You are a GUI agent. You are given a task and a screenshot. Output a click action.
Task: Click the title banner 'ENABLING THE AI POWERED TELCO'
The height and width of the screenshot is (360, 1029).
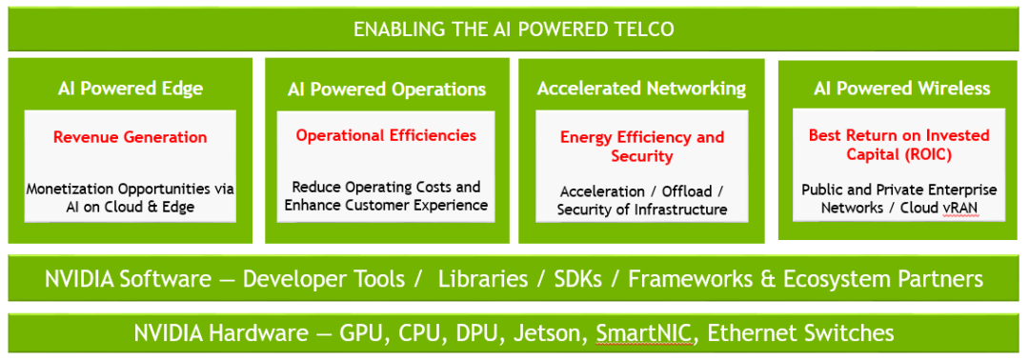(514, 30)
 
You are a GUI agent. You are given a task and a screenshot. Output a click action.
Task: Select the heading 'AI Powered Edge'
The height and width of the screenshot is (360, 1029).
(130, 89)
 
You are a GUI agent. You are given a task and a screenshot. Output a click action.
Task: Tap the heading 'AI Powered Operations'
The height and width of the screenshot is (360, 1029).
(387, 90)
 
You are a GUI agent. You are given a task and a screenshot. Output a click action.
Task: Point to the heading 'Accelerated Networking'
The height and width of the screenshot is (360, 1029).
(641, 89)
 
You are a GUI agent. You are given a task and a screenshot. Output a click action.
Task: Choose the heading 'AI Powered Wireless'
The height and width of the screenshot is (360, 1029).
(901, 89)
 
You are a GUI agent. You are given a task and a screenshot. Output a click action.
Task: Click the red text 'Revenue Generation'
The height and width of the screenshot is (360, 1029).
(130, 137)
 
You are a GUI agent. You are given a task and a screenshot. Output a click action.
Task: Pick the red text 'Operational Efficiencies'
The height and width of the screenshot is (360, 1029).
(386, 136)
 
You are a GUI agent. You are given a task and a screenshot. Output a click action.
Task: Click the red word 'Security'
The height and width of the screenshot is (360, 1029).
(642, 157)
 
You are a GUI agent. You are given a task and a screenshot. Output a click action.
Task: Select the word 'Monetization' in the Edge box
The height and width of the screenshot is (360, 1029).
(72, 189)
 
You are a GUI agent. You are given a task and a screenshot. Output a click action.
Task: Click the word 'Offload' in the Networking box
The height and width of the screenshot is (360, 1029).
(686, 191)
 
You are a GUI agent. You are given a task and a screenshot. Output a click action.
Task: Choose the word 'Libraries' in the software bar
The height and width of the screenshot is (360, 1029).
(483, 279)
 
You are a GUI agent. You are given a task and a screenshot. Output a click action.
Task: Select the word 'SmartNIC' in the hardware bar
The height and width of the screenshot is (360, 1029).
(644, 333)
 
